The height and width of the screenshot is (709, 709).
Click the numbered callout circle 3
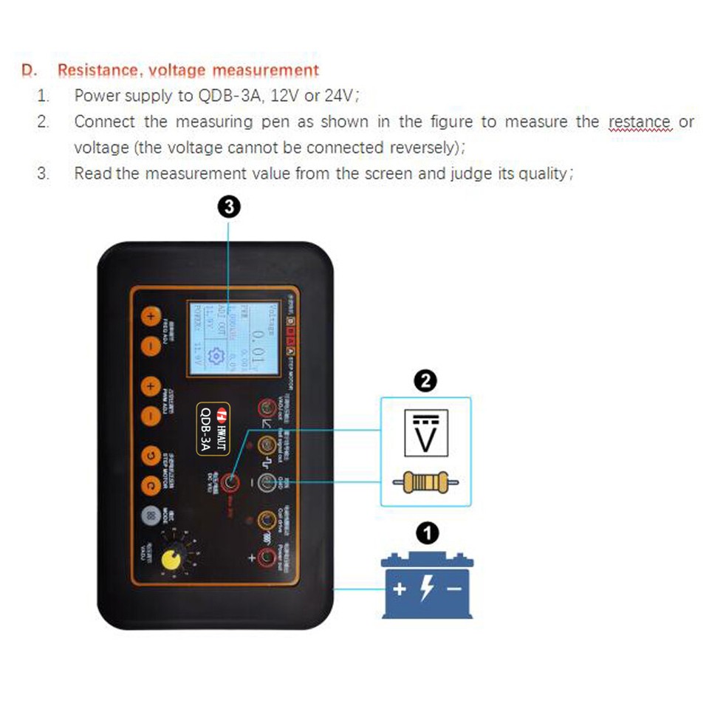pyautogui.click(x=230, y=208)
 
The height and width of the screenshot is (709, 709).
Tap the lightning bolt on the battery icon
pyautogui.click(x=426, y=589)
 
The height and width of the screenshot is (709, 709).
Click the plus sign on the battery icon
pyautogui.click(x=400, y=589)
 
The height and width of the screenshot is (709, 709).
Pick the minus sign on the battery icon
pyautogui.click(x=454, y=589)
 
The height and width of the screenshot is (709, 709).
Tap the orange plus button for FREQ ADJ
pyautogui.click(x=150, y=317)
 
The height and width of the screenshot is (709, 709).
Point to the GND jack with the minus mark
pyautogui.click(x=268, y=482)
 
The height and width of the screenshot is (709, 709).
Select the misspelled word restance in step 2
pyautogui.click(x=639, y=122)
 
